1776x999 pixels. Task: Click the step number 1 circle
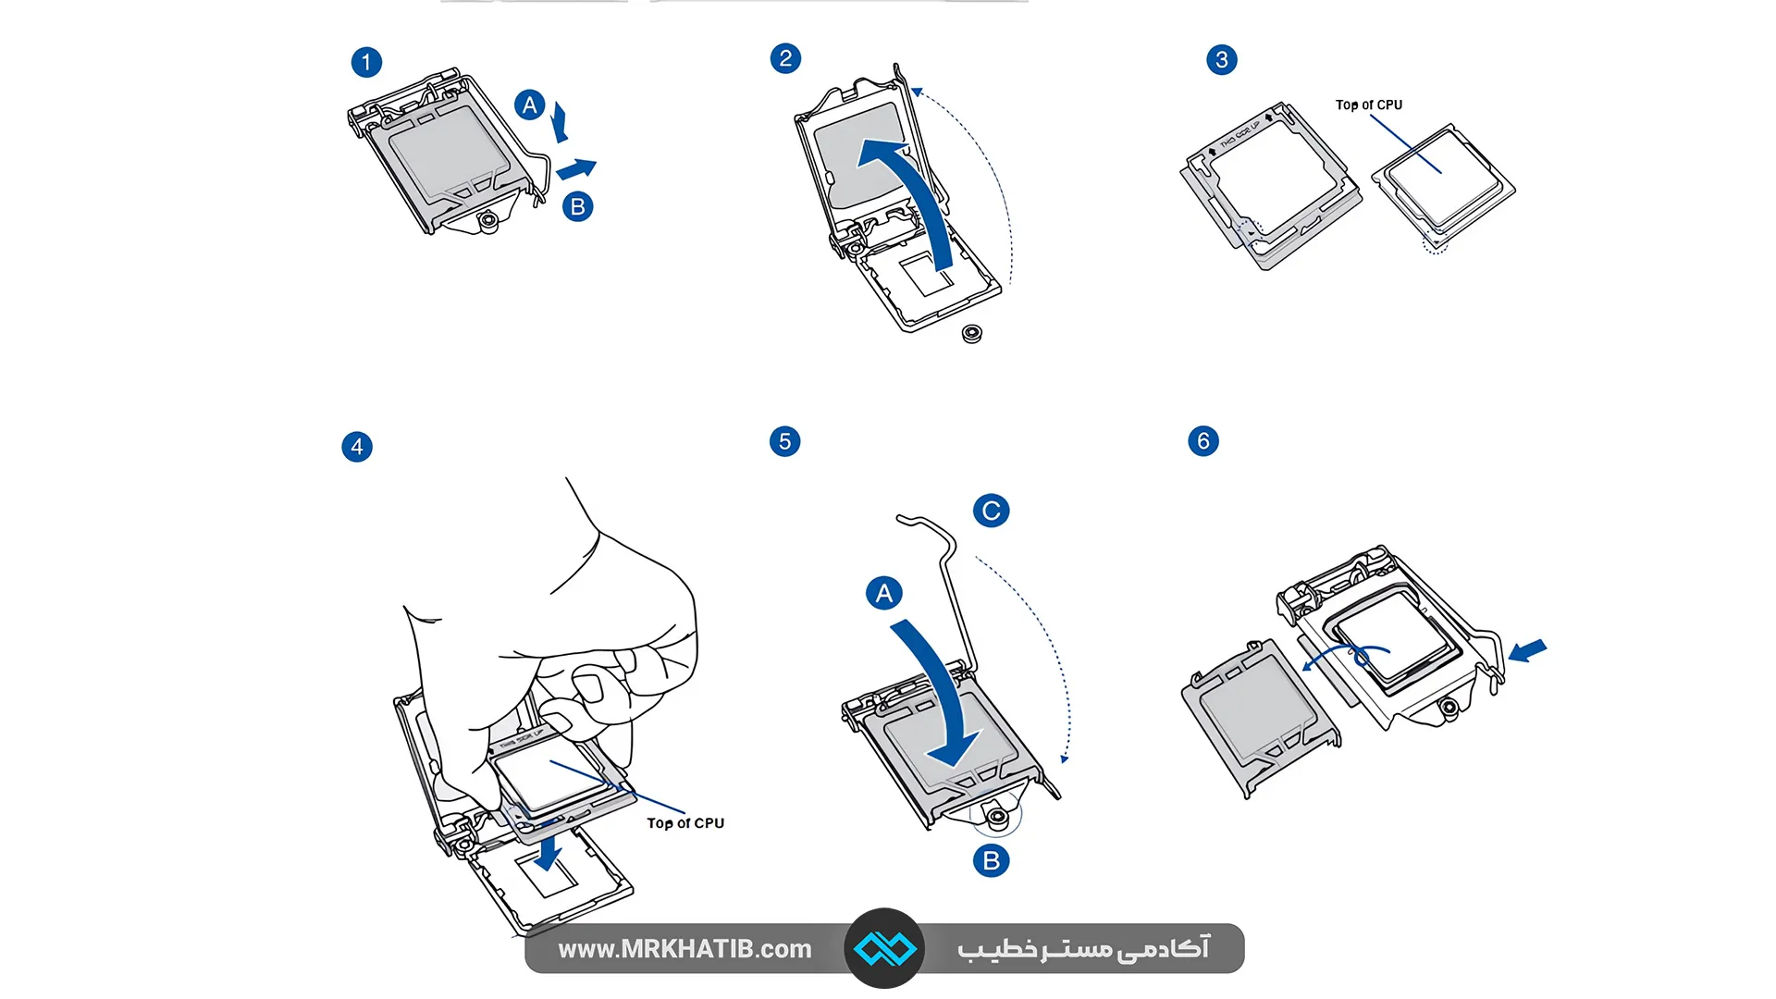point(366,62)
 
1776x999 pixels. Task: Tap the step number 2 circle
point(785,58)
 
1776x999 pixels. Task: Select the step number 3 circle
point(1222,60)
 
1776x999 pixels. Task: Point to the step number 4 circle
point(357,447)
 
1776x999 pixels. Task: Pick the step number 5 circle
point(784,441)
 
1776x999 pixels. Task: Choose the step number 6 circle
point(1203,440)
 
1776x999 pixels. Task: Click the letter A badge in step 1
point(529,105)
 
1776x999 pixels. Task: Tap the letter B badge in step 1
point(578,206)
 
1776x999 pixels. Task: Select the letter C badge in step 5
point(991,511)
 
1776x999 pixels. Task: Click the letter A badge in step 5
point(883,593)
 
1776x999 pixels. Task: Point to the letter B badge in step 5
point(991,860)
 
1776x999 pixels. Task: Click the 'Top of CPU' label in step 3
point(1368,105)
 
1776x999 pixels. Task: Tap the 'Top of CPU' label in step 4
point(685,823)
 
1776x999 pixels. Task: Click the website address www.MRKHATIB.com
point(684,949)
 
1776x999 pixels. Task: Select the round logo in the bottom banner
point(884,948)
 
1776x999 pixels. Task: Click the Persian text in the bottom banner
point(1083,949)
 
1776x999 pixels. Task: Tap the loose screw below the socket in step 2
point(971,334)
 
